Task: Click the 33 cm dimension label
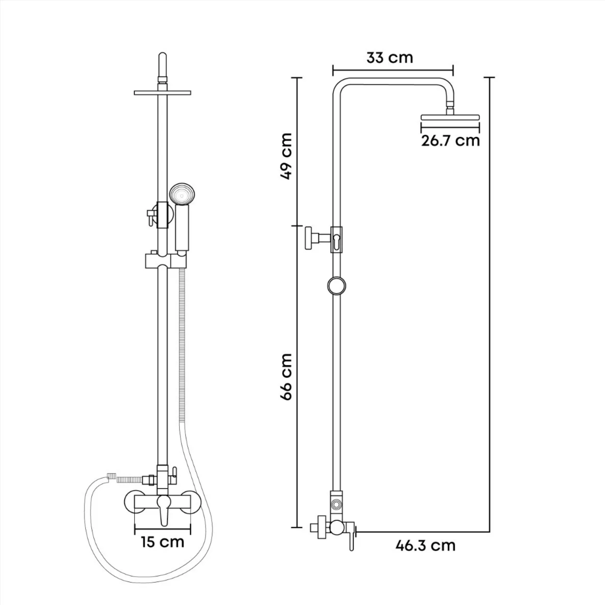(390, 58)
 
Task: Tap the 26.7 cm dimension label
(451, 141)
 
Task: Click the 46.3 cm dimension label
(426, 546)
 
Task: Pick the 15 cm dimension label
(163, 542)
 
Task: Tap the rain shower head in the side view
(451, 117)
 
